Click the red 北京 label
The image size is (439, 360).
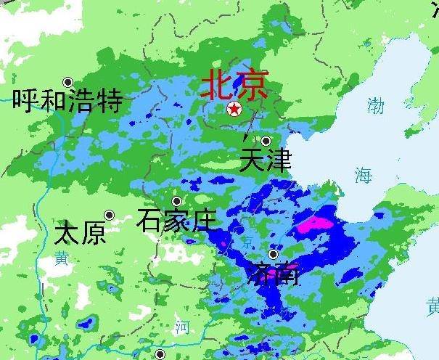point(234,85)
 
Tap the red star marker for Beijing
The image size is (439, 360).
point(234,109)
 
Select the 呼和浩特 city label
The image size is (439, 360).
point(67,101)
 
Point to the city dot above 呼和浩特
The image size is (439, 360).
point(68,82)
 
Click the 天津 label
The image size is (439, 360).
point(265,160)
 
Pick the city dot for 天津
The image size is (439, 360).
point(266,141)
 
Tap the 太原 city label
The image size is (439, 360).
point(80,234)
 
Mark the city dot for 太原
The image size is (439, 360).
point(109,215)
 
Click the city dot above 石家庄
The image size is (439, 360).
point(176,201)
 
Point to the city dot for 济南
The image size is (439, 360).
point(274,254)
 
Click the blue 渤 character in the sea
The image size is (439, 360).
point(375,106)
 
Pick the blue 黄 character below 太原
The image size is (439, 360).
point(60,258)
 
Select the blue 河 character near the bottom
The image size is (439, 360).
point(181,327)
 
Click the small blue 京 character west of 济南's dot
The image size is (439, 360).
point(249,241)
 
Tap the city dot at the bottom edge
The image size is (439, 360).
point(160,354)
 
